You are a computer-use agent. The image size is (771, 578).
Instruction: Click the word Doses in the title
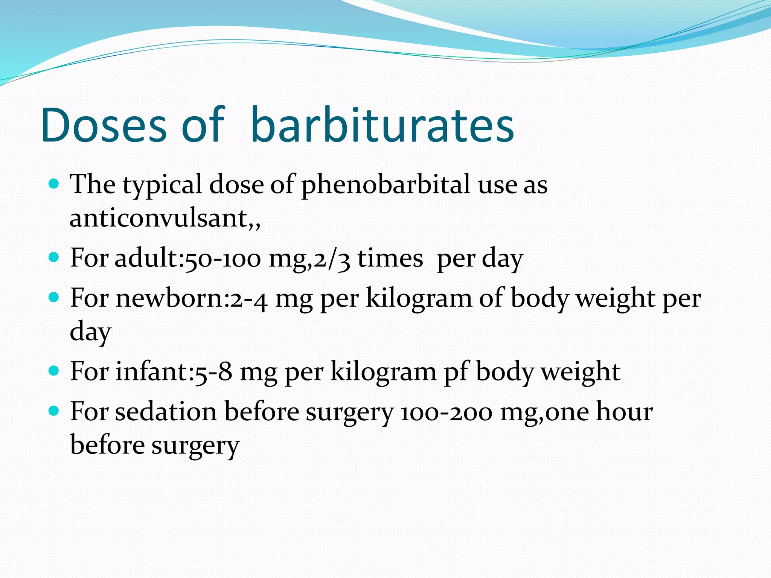[x=104, y=125]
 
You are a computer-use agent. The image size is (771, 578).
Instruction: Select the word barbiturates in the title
[x=382, y=125]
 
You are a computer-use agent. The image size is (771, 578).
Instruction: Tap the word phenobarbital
[x=385, y=185]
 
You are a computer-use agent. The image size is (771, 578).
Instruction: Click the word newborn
[x=169, y=298]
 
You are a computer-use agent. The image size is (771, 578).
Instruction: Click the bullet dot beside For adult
[x=54, y=257]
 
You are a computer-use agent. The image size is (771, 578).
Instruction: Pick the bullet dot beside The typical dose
[x=54, y=184]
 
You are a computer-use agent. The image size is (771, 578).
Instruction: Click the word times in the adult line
[x=390, y=259]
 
